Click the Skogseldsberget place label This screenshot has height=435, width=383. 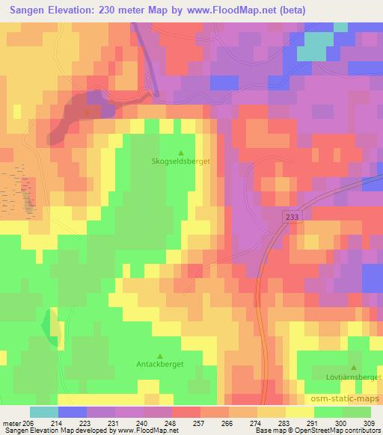(x=180, y=161)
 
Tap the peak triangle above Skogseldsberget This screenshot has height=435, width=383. (x=180, y=152)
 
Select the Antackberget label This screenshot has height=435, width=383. (x=160, y=364)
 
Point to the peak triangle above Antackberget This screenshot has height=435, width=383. (x=160, y=355)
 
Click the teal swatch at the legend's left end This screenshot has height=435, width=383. (x=44, y=412)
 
